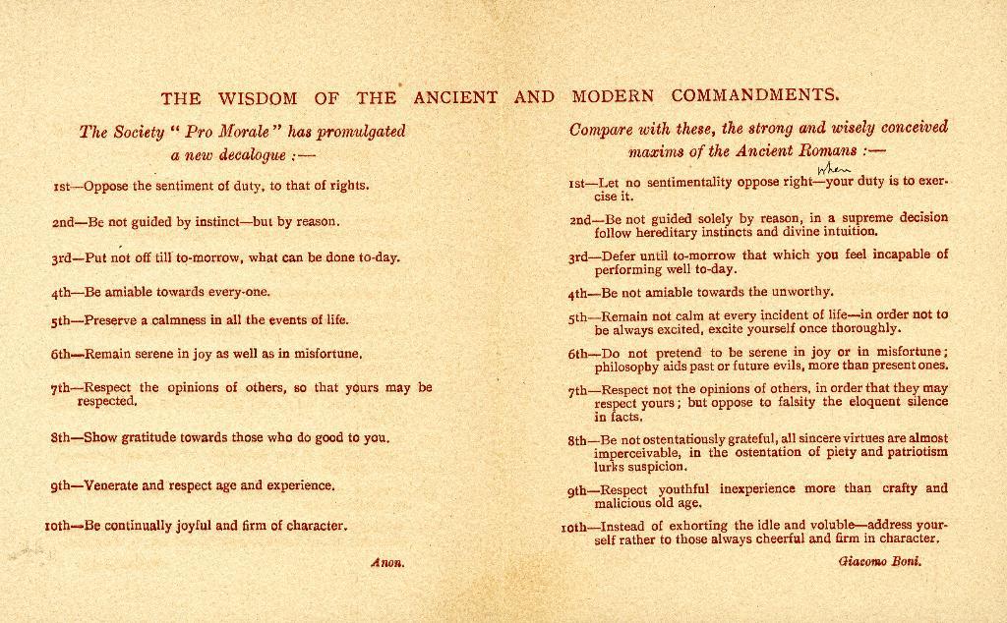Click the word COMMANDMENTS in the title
(x=755, y=96)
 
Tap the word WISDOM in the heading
(x=258, y=97)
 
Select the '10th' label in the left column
(x=61, y=526)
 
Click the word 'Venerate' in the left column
(x=111, y=485)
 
